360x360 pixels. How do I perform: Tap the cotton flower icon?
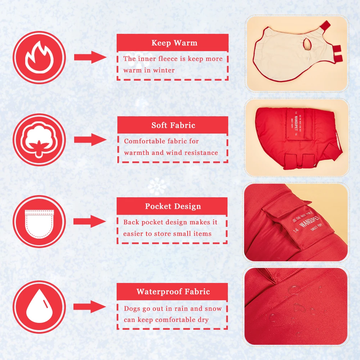click(39, 140)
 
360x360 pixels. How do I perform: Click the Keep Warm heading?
click(174, 43)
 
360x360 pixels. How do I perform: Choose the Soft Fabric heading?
click(174, 125)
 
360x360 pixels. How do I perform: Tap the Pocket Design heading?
click(173, 206)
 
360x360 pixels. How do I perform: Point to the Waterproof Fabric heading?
click(173, 292)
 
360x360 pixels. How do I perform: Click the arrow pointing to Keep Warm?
click(90, 57)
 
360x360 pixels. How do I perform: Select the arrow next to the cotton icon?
click(90, 140)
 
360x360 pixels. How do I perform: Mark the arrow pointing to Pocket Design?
click(90, 221)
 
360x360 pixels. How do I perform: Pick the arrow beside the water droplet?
click(90, 307)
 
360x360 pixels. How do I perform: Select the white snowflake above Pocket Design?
click(157, 186)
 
